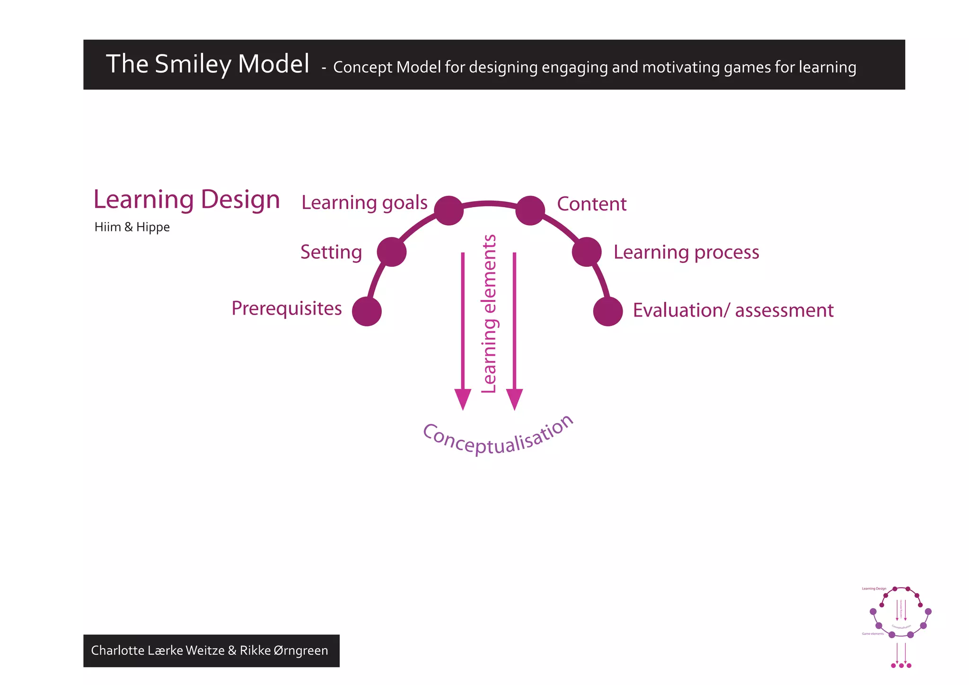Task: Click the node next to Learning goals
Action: click(449, 211)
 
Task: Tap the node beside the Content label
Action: click(530, 211)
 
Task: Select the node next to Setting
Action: click(392, 252)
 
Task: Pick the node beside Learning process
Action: click(587, 252)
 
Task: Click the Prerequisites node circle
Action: click(367, 311)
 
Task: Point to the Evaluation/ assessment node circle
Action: click(608, 311)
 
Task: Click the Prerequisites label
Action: click(286, 308)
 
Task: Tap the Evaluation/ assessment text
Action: click(733, 310)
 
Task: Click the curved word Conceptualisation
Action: click(498, 438)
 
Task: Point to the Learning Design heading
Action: click(186, 200)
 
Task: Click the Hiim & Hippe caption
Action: click(132, 227)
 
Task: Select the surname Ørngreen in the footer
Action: click(300, 650)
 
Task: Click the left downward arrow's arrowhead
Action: click(463, 398)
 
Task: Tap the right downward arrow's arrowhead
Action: click(514, 398)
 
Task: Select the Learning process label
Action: click(686, 253)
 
